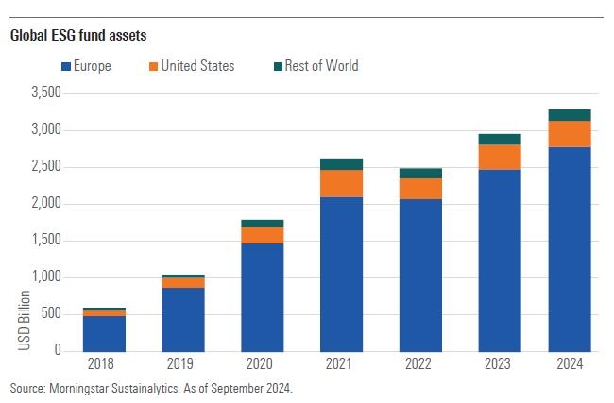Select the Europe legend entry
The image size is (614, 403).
pyautogui.click(x=88, y=66)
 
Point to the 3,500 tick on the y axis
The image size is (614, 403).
pyautogui.click(x=44, y=93)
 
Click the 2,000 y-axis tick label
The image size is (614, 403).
pyautogui.click(x=44, y=204)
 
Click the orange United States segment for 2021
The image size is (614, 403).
pyautogui.click(x=341, y=183)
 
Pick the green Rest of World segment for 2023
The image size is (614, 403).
pyautogui.click(x=500, y=139)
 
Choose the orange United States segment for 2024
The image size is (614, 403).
pyautogui.click(x=571, y=134)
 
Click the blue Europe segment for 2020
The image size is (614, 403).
pyautogui.click(x=262, y=297)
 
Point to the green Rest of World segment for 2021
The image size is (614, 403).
pyautogui.click(x=341, y=164)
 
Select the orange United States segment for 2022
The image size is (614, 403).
pyautogui.click(x=420, y=188)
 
